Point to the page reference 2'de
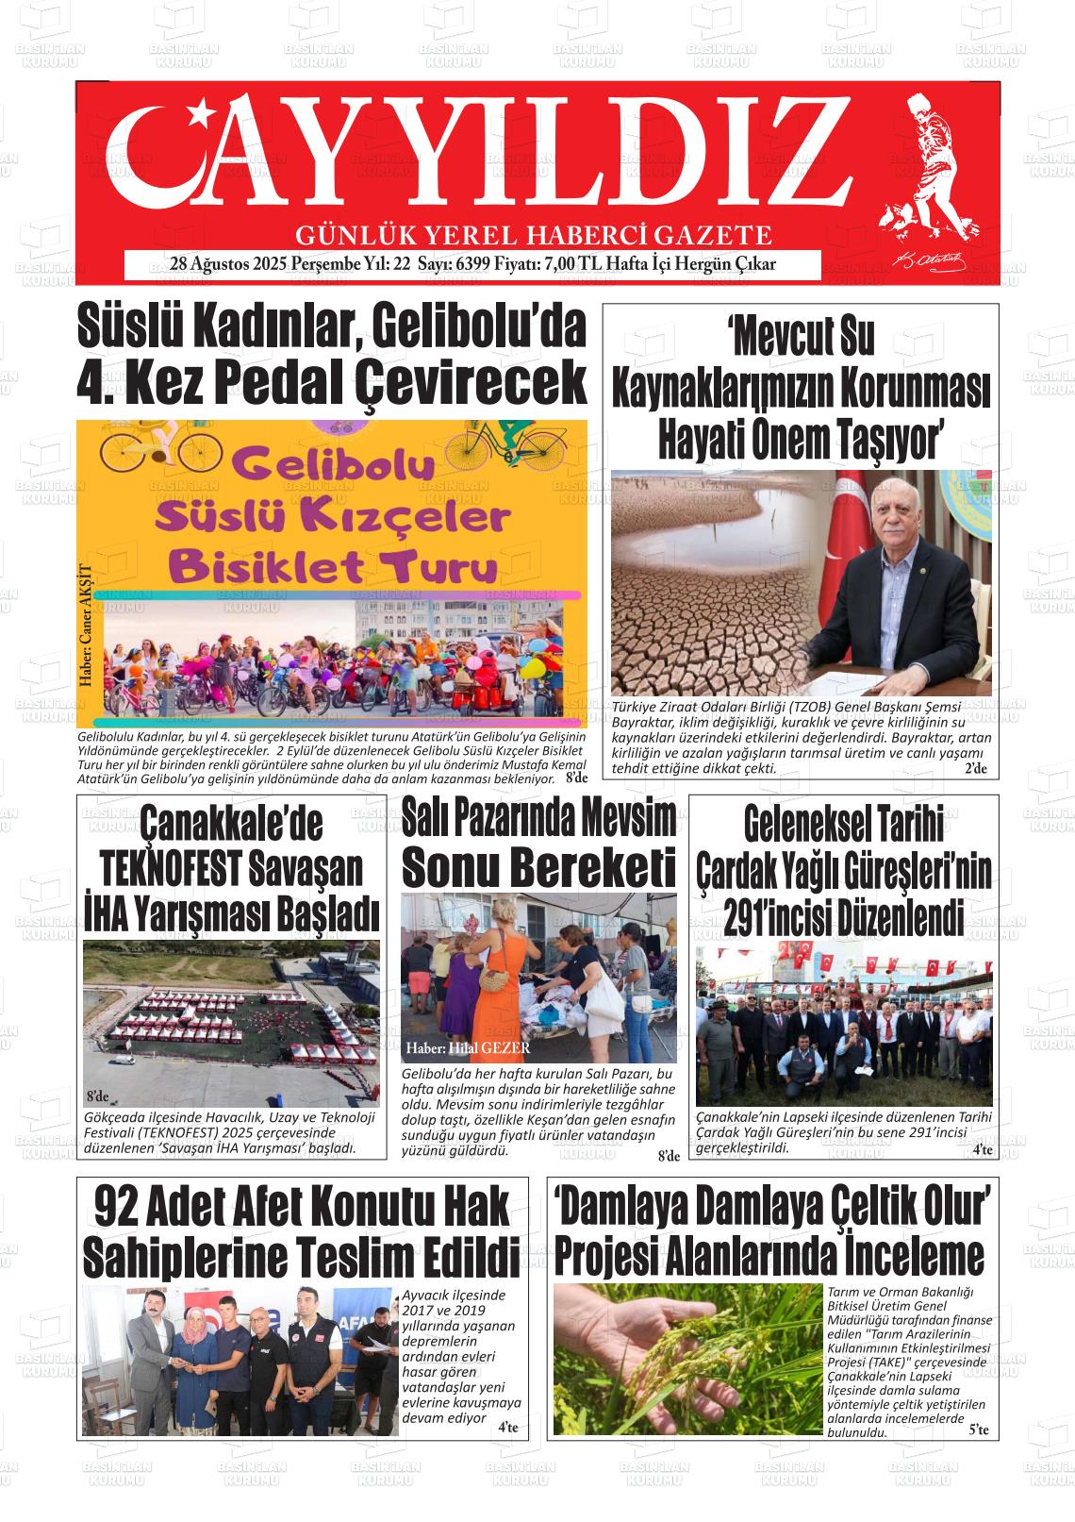975,769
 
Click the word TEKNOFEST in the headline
173,867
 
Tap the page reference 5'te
978,1431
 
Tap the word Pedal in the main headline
284,381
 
